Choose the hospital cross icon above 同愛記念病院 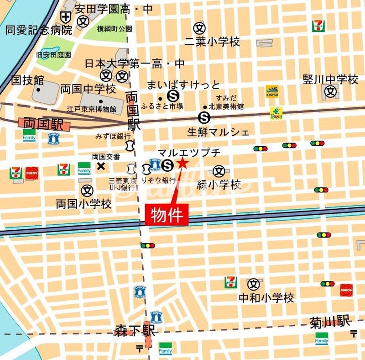[x=66, y=18]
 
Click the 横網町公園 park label [x=114, y=29]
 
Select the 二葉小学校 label [x=212, y=42]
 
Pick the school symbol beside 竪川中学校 [x=331, y=92]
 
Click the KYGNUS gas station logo [x=272, y=91]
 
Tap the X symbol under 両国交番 [x=101, y=166]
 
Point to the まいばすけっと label [x=183, y=85]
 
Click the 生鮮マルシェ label [x=218, y=132]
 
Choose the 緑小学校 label [x=219, y=185]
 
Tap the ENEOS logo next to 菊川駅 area [x=346, y=290]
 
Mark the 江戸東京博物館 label [x=92, y=109]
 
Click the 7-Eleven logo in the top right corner [x=318, y=26]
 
